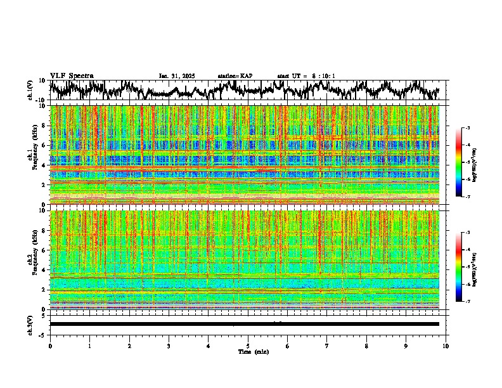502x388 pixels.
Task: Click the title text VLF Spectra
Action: click(x=72, y=75)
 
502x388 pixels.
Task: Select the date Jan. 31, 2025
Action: click(x=177, y=76)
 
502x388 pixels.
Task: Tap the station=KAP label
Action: click(x=235, y=76)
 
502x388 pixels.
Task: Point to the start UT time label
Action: click(x=306, y=76)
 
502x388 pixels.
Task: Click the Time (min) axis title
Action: click(x=253, y=351)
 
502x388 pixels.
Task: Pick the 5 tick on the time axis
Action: click(x=248, y=346)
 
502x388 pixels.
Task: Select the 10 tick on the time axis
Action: click(x=446, y=346)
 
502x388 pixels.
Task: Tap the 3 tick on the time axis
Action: click(x=169, y=346)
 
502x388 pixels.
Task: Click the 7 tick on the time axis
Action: click(x=327, y=346)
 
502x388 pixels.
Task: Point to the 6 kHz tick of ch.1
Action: click(x=44, y=145)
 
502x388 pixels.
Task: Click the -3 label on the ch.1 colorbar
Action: click(x=467, y=129)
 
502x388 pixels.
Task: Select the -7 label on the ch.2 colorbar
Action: click(x=467, y=302)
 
